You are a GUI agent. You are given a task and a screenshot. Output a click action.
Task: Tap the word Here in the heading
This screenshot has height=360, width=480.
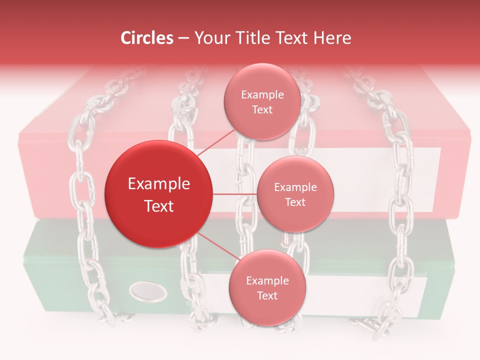[333, 38]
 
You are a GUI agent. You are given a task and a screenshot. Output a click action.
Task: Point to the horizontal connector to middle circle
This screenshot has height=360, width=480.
[234, 194]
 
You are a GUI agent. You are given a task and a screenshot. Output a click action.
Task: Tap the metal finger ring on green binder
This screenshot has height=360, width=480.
[148, 291]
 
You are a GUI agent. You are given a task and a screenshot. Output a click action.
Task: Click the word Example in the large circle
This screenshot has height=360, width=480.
[159, 184]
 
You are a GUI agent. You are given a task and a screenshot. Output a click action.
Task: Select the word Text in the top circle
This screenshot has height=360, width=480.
[262, 109]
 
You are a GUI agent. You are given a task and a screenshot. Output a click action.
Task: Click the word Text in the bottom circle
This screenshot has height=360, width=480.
[267, 295]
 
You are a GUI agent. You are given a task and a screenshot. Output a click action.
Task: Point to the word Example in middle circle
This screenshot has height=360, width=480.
[295, 187]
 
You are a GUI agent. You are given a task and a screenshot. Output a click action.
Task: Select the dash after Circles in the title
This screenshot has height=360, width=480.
[183, 39]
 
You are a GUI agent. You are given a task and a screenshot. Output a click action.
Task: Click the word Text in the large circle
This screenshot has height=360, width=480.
[159, 206]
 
